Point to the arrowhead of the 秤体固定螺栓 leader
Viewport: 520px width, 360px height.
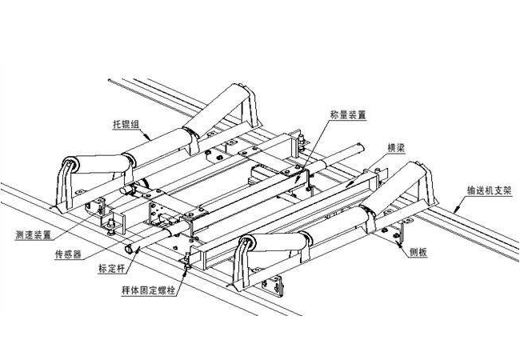pos(186,268)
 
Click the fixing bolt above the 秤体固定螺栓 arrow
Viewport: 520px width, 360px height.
pos(186,258)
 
